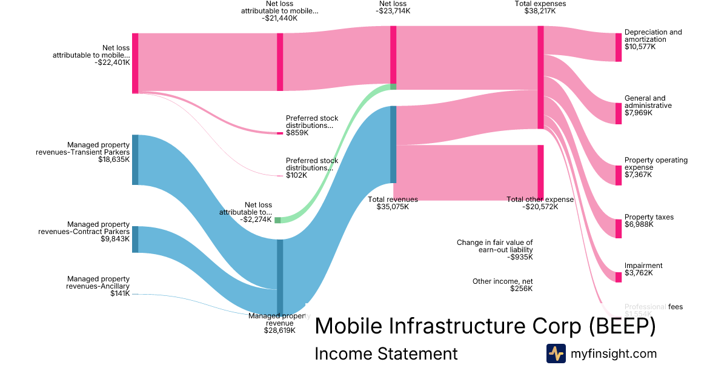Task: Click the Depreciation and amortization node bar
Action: tap(619, 47)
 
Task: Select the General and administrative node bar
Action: tap(619, 113)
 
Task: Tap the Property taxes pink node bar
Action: tap(619, 229)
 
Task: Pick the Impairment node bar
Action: tap(619, 277)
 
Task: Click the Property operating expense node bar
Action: tap(619, 175)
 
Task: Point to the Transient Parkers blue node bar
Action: tap(135, 160)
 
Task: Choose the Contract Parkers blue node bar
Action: tap(135, 240)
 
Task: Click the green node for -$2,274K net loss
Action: tap(277, 220)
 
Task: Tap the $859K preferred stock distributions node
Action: tap(280, 133)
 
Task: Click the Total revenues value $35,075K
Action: tap(393, 207)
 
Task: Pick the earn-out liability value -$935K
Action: tap(520, 257)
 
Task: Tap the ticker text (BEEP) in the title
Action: tap(622, 326)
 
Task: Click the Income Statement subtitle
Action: tap(386, 354)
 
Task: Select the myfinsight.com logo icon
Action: tap(556, 354)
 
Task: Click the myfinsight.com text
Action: tap(614, 354)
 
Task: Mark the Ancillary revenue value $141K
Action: tap(120, 294)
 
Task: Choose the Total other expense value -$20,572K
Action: tap(540, 207)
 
